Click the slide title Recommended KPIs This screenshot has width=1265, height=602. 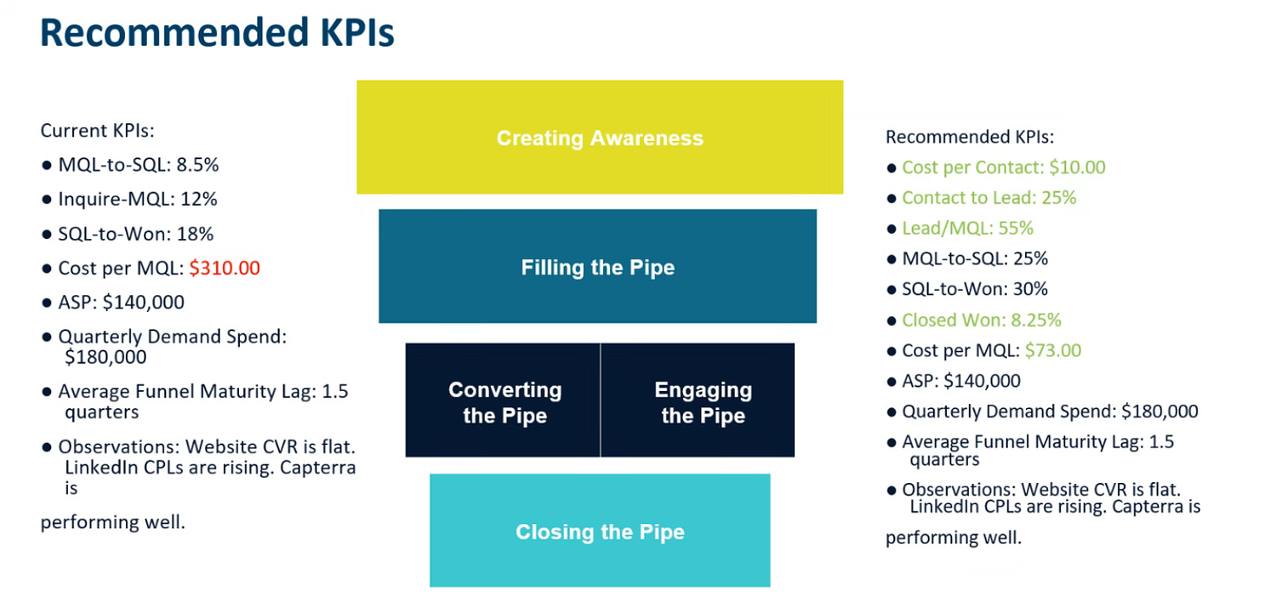pyautogui.click(x=217, y=33)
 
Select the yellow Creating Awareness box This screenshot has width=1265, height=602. pyautogui.click(x=599, y=137)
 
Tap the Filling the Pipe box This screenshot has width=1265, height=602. pyautogui.click(x=598, y=267)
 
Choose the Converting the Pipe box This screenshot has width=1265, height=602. pyautogui.click(x=502, y=400)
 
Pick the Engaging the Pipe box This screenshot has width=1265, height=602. pyautogui.click(x=698, y=400)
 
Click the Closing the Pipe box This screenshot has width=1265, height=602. pyautogui.click(x=599, y=530)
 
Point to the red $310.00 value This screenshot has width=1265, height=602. pyautogui.click(x=225, y=268)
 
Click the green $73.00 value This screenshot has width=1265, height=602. pyautogui.click(x=1053, y=350)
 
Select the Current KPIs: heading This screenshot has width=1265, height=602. pyautogui.click(x=97, y=131)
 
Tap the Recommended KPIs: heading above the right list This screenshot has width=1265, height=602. pyautogui.click(x=970, y=136)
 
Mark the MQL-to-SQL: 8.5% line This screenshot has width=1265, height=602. pyautogui.click(x=138, y=165)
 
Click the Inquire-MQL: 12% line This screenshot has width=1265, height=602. pyautogui.click(x=138, y=199)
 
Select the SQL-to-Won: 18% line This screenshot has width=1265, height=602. pyautogui.click(x=136, y=234)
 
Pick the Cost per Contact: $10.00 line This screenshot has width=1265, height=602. pyautogui.click(x=1003, y=167)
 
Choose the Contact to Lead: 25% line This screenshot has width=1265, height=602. pyautogui.click(x=989, y=198)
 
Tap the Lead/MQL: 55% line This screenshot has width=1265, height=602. pyautogui.click(x=967, y=228)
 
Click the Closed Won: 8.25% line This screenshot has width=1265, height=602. pyautogui.click(x=982, y=321)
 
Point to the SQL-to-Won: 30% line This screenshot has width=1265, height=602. pyautogui.click(x=975, y=289)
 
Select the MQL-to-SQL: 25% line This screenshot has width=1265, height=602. pyautogui.click(x=975, y=259)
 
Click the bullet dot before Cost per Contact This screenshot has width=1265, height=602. pyautogui.click(x=891, y=169)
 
